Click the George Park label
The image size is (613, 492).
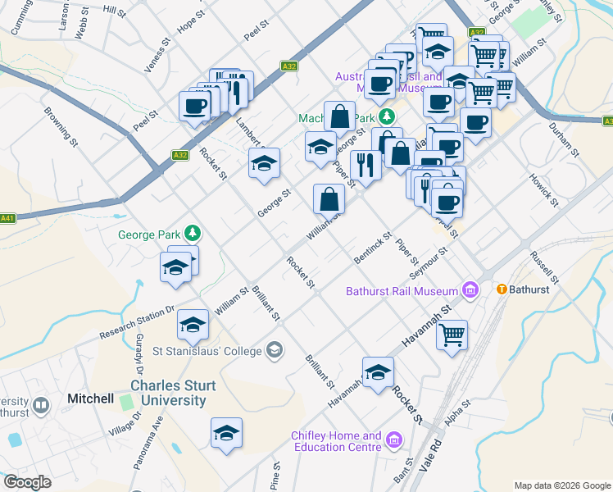click(x=148, y=235)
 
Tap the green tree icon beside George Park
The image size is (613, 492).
click(x=192, y=234)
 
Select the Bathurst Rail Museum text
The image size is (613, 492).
click(x=402, y=291)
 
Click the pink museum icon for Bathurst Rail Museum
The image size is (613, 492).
click(x=470, y=289)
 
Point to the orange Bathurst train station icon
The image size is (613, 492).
click(x=502, y=289)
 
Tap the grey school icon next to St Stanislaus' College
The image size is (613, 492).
click(x=275, y=351)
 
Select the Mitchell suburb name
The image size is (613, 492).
click(x=90, y=399)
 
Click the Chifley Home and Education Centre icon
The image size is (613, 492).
click(x=395, y=441)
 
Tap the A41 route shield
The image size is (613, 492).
click(x=8, y=218)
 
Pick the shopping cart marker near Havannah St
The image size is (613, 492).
click(x=452, y=335)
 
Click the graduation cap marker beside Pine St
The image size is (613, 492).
click(x=226, y=433)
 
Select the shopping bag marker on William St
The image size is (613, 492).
click(x=329, y=198)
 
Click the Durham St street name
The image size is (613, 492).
click(x=564, y=141)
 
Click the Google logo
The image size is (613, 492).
click(x=27, y=482)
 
